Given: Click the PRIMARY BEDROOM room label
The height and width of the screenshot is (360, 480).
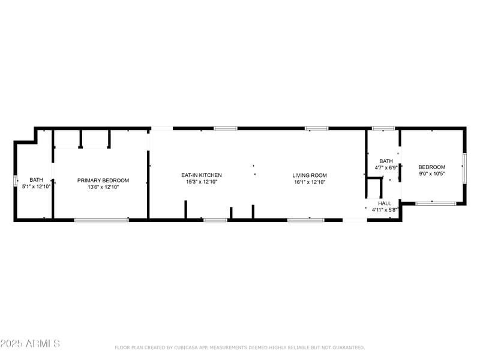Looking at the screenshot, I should (x=103, y=180).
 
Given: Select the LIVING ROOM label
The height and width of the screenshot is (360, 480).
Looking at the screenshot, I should (x=310, y=175).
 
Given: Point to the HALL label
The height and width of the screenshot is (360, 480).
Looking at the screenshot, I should (x=384, y=203).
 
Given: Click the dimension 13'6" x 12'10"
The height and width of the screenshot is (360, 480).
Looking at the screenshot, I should (x=103, y=187).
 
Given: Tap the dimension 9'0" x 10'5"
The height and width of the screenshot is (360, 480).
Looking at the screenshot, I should (x=432, y=173).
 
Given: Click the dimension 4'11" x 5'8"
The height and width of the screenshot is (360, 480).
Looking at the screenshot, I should (x=384, y=210).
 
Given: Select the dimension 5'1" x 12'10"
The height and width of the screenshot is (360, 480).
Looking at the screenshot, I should (x=36, y=187).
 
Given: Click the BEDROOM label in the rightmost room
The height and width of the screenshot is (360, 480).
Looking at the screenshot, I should (x=432, y=167).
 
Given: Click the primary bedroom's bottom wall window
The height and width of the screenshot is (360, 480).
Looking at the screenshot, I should (x=101, y=220).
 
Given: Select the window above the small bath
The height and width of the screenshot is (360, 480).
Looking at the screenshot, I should (x=383, y=128).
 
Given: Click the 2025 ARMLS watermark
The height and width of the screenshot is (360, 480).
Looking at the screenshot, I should (x=30, y=344).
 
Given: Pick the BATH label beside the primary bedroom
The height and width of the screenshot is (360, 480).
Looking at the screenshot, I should (x=36, y=179).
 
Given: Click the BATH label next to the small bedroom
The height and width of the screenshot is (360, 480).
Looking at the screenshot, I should (x=386, y=161).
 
